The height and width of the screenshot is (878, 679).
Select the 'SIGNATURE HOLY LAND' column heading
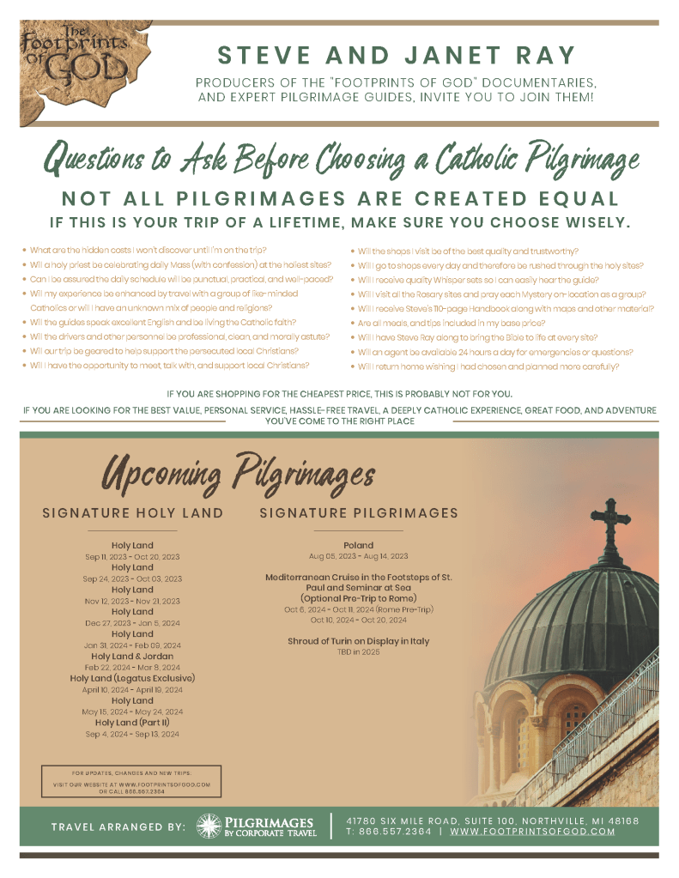pos(132,513)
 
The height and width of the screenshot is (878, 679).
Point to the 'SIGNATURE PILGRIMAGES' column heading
pos(359,513)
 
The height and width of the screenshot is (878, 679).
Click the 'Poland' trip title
pos(358,545)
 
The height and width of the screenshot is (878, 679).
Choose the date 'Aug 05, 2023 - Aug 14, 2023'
pos(358,556)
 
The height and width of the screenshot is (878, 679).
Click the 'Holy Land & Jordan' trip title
pos(132,656)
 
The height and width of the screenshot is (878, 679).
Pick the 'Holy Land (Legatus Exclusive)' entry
pos(132,678)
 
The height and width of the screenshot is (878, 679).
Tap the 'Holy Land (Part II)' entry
pos(132,723)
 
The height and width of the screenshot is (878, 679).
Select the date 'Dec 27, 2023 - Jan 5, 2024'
pos(132,623)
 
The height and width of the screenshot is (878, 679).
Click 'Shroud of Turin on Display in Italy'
pos(358,641)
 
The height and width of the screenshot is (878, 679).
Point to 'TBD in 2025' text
pos(358,652)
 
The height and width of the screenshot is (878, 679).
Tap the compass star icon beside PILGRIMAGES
pos(208,827)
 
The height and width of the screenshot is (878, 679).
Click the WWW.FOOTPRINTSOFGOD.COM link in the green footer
pos(532,832)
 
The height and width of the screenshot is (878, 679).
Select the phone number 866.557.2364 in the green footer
pos(397,832)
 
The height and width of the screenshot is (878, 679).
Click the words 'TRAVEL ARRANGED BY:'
pos(118,827)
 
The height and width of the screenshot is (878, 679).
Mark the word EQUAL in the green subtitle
pos(571,199)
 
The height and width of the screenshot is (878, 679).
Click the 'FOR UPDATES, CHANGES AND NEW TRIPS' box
pos(130,779)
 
